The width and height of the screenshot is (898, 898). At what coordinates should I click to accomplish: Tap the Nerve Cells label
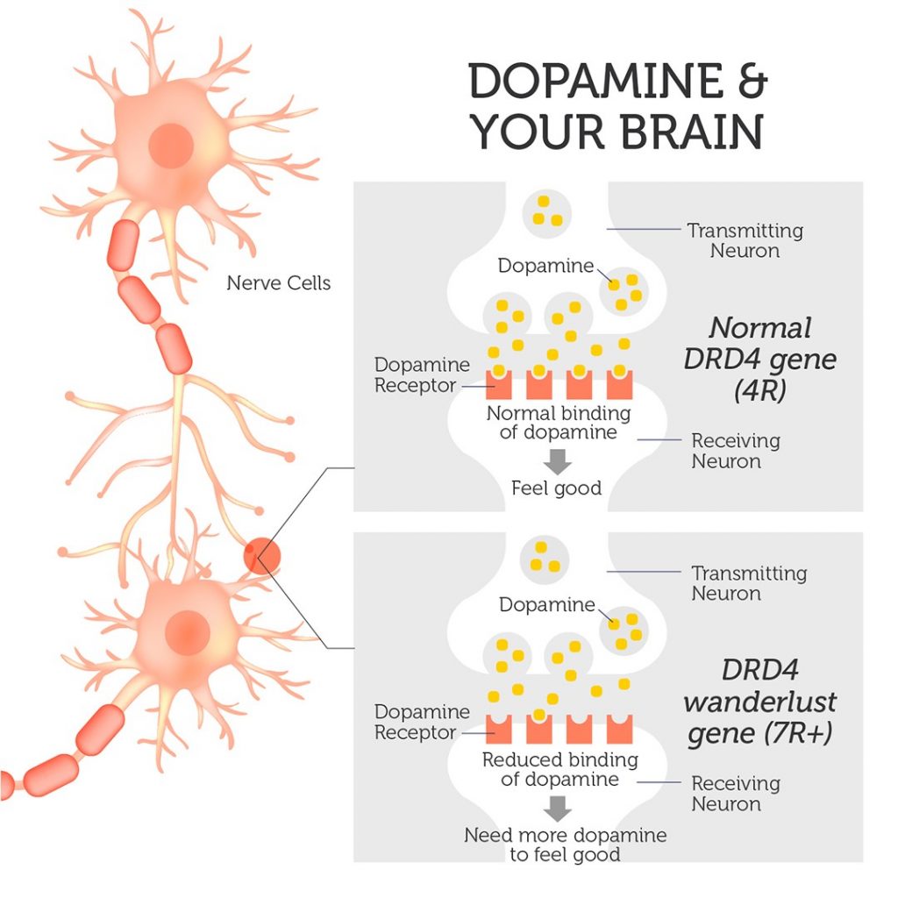(x=279, y=283)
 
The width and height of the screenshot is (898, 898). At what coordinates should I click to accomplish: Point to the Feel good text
(x=557, y=488)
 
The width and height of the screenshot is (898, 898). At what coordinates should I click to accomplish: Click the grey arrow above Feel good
(x=557, y=458)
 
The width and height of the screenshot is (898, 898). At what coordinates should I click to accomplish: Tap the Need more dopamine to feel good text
(x=565, y=845)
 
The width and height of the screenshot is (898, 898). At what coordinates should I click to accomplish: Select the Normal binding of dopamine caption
(x=559, y=423)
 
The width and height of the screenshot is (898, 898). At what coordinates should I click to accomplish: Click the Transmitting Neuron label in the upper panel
(x=745, y=241)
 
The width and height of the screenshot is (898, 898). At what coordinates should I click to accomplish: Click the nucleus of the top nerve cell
(x=171, y=146)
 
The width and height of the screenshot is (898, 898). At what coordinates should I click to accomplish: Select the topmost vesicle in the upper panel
(x=547, y=211)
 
